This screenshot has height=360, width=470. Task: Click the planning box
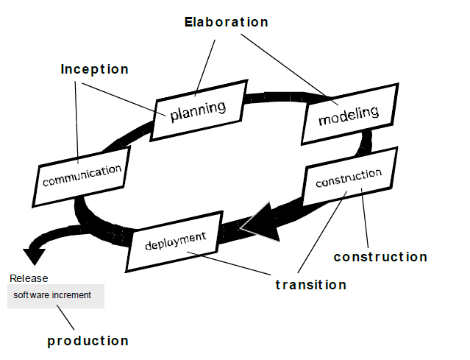coord(197,112)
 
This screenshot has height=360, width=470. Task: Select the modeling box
coord(349,114)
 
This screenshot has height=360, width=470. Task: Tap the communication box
coord(82,175)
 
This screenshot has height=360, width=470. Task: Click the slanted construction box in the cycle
coord(349,177)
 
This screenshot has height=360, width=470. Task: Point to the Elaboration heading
coord(226,22)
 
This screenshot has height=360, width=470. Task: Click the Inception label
coord(94,69)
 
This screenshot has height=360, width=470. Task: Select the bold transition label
coord(310,285)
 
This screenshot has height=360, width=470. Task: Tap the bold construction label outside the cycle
coord(380,257)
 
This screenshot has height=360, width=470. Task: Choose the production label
coord(88,341)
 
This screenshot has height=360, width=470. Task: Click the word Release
coord(29,278)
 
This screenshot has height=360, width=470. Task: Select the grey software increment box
coord(56,295)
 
